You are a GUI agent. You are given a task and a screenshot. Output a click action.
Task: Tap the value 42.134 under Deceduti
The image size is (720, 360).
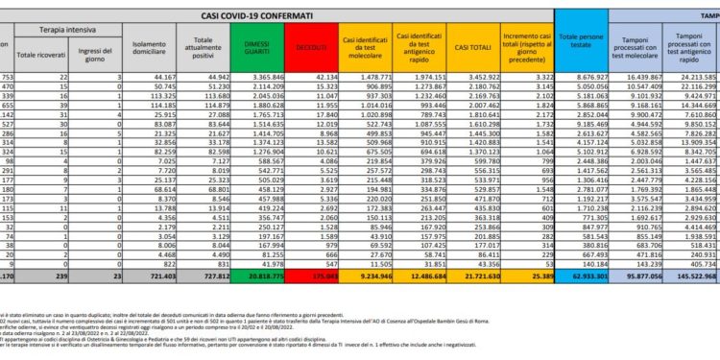point(310,75)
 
